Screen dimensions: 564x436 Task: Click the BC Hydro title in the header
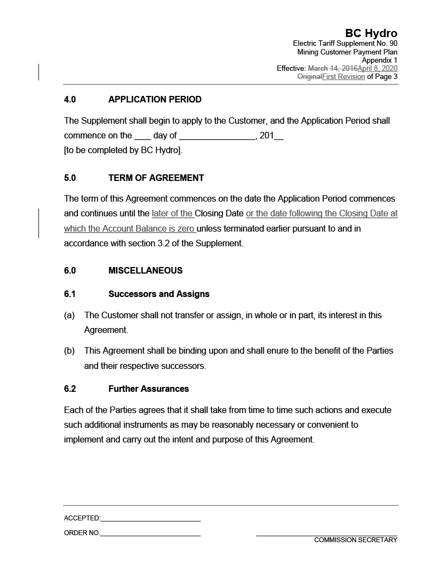pos(371,34)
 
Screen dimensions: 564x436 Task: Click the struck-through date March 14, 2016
pos(332,69)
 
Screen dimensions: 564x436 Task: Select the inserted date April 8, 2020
pos(377,69)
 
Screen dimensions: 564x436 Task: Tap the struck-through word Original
pos(309,77)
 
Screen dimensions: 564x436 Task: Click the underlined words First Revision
pos(343,77)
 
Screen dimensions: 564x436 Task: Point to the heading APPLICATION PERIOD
pos(155,100)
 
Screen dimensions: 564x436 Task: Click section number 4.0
pos(70,100)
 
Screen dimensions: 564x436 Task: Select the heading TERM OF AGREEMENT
pos(156,178)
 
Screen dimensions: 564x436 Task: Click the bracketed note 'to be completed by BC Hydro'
pos(123,150)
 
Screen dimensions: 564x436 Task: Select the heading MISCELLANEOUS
pos(146,270)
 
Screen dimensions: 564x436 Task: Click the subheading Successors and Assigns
pos(159,294)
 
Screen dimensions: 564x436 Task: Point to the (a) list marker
pos(69,316)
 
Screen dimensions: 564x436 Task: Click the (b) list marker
pos(69,351)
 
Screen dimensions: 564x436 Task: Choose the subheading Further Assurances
pos(148,389)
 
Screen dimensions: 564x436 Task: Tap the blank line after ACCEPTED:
pos(150,519)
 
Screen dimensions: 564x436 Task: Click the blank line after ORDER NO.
pos(150,533)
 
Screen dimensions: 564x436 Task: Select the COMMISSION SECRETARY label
pos(355,540)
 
